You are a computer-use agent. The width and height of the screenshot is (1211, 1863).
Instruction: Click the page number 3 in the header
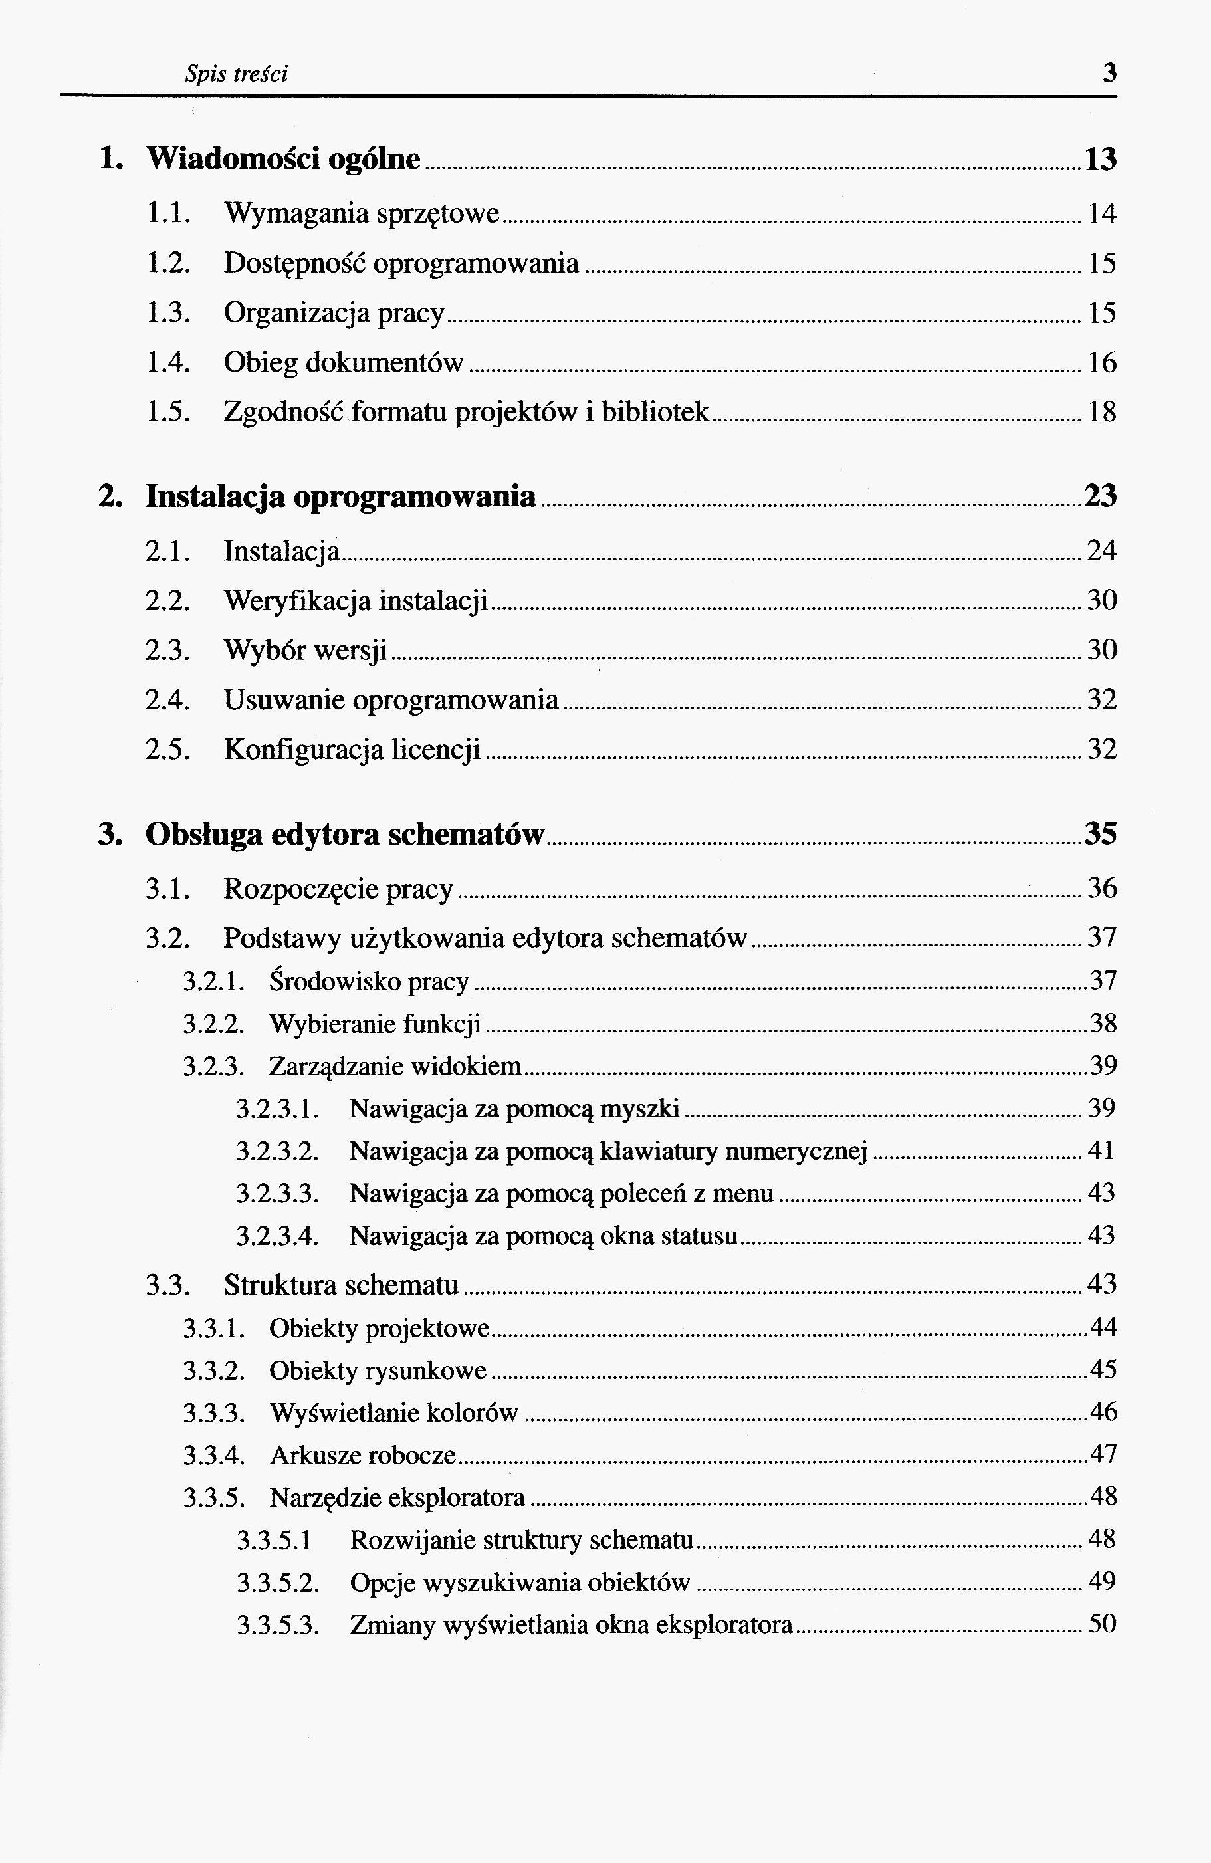point(1109,74)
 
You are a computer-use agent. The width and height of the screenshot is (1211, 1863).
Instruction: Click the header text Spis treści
point(237,74)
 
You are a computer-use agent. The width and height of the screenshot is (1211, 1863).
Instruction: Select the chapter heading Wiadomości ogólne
point(283,159)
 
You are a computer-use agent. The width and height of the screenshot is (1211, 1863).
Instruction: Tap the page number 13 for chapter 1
point(1100,160)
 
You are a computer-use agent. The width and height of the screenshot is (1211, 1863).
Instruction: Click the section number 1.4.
point(168,362)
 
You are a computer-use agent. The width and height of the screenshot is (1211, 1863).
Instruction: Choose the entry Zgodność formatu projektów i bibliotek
point(467,411)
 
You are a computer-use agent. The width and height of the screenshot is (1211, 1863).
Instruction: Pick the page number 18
point(1102,411)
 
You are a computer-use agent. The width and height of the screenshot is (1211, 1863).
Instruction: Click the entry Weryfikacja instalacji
point(356,600)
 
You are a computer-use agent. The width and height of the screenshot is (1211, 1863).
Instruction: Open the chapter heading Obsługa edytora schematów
point(344,834)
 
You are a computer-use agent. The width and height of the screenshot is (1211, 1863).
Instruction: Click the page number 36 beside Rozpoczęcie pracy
point(1102,888)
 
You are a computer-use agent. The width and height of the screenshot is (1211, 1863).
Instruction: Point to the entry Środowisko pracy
point(369,981)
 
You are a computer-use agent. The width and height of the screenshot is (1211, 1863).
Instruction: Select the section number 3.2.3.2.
point(278,1151)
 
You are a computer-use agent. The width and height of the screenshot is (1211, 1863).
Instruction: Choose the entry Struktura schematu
point(342,1285)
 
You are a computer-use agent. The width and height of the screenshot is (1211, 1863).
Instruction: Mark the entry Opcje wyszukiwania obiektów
point(520,1582)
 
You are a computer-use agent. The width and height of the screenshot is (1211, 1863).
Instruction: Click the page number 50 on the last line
point(1102,1624)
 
